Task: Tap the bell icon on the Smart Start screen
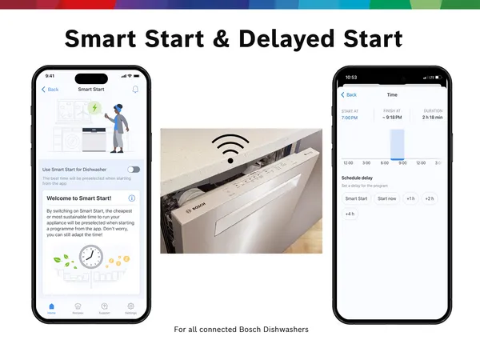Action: (135, 90)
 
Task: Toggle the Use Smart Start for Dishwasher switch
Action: (133, 170)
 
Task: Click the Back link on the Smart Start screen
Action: (50, 90)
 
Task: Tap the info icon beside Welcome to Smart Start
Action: (132, 198)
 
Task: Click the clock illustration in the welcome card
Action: (90, 258)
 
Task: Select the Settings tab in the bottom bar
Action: (130, 307)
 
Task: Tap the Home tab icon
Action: (51, 307)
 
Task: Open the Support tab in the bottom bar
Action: (104, 307)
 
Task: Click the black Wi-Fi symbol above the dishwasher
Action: (230, 148)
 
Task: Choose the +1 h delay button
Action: (410, 198)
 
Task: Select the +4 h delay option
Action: (350, 214)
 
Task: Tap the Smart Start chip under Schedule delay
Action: (356, 198)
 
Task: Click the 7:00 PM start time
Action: (350, 118)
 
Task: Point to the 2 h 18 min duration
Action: (431, 118)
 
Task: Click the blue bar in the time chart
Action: (398, 145)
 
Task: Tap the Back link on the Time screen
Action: (349, 94)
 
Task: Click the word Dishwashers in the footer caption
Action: (282, 330)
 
